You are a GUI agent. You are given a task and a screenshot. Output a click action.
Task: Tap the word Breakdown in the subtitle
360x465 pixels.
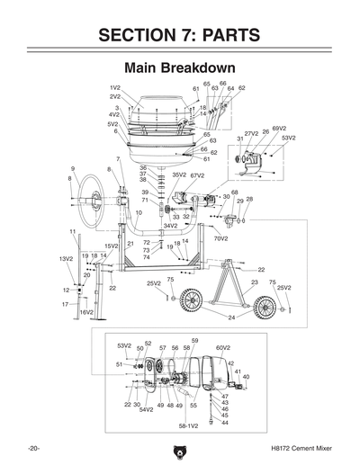tap(202, 68)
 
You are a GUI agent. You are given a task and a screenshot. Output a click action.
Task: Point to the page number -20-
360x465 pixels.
tap(32, 447)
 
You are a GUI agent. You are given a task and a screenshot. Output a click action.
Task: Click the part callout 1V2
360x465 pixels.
tap(115, 86)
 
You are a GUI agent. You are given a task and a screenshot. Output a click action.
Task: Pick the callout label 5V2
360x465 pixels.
tap(113, 124)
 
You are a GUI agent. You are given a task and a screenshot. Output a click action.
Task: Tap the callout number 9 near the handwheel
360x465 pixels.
tap(73, 168)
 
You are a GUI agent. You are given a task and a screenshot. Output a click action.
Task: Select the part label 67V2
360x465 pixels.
tap(198, 175)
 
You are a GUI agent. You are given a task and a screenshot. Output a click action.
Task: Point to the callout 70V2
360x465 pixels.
tap(220, 238)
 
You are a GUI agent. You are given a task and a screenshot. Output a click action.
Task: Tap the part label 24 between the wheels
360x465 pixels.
tap(231, 317)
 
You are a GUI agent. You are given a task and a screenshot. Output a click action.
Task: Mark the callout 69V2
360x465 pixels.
tap(279, 129)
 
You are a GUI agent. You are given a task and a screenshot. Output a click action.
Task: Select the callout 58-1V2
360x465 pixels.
tap(188, 425)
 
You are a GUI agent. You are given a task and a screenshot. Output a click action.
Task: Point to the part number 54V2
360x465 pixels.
tap(145, 410)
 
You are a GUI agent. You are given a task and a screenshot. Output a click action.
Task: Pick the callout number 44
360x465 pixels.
tap(225, 422)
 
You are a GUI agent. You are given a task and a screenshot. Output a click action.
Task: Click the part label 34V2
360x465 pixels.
tap(170, 226)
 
